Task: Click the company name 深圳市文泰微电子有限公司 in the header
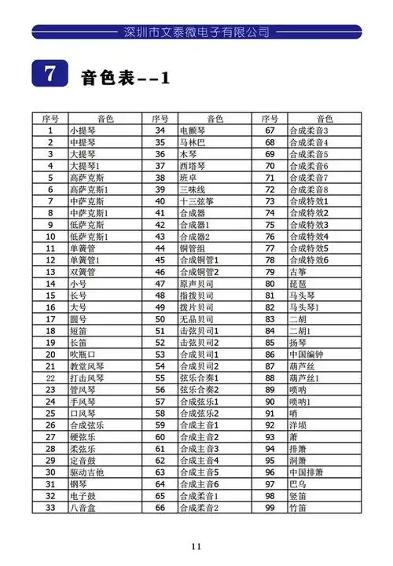click(x=196, y=32)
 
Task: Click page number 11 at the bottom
click(x=196, y=547)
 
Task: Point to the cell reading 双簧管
click(x=83, y=272)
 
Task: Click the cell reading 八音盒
click(x=83, y=508)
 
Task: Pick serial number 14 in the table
click(x=50, y=284)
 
